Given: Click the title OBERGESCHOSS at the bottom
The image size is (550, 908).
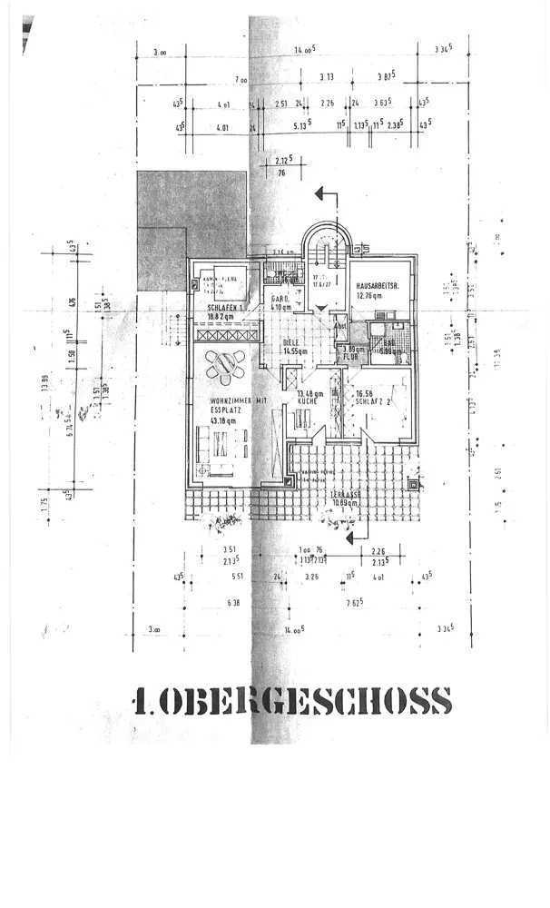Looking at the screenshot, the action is pyautogui.click(x=292, y=701).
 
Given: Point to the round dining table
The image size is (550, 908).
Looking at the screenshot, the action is pyautogui.click(x=224, y=365).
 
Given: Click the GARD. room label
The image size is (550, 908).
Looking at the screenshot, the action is pyautogui.click(x=281, y=298).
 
